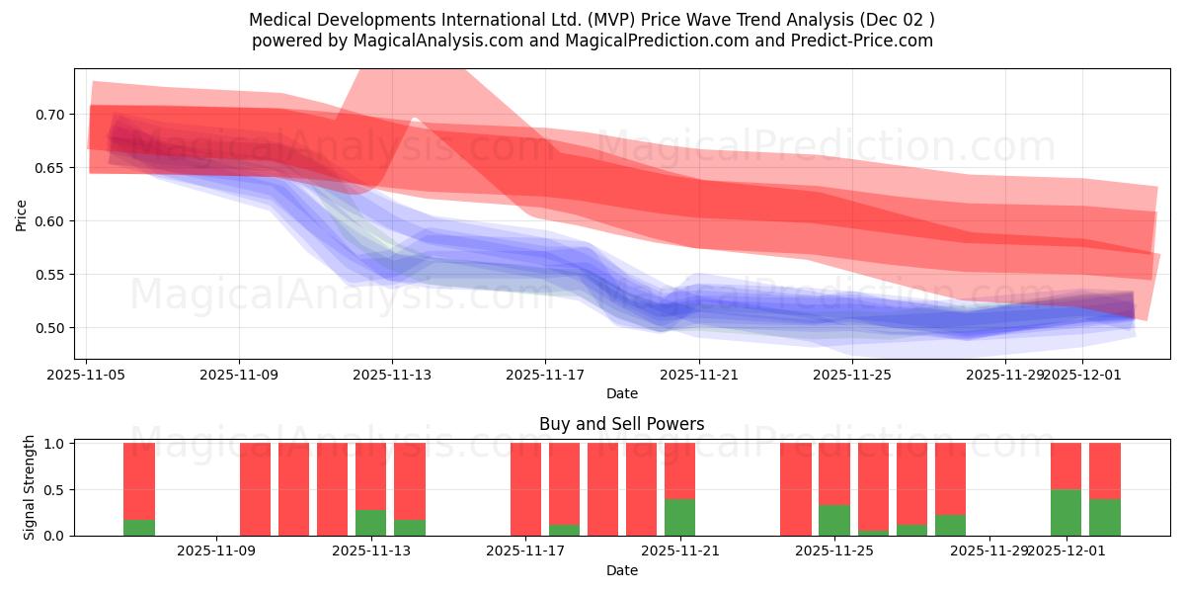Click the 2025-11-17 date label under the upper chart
545,376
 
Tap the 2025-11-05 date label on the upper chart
87,376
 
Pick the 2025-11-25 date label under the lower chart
834,551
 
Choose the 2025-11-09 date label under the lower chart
216,551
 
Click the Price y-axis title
22,214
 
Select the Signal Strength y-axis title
30,488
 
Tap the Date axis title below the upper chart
622,393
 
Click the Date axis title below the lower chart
622,570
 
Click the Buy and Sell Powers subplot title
622,424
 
